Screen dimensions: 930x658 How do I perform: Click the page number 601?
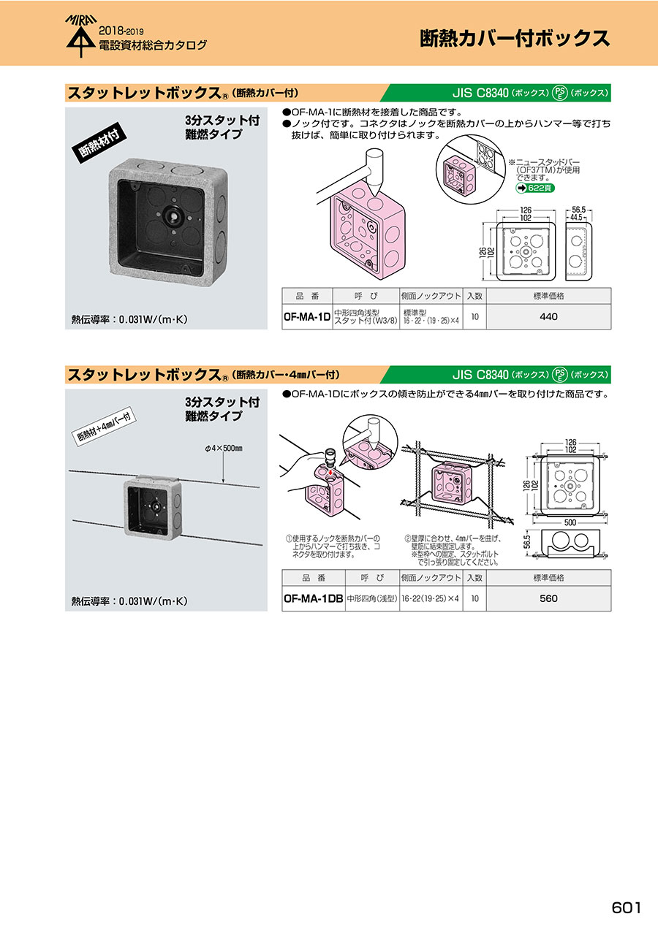click(x=627, y=907)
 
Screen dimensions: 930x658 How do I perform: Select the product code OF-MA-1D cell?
click(x=307, y=316)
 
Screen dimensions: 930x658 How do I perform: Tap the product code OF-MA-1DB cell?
click(x=313, y=598)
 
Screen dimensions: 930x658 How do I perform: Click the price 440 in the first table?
click(x=548, y=316)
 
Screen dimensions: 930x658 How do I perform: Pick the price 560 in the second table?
click(x=548, y=598)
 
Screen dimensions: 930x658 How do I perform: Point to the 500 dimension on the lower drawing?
click(x=570, y=522)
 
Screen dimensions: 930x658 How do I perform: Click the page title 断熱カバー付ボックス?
click(x=515, y=39)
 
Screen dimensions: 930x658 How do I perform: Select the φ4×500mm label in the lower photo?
click(x=224, y=448)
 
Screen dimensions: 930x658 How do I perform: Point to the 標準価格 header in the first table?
click(x=548, y=296)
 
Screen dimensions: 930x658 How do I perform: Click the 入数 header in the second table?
click(x=474, y=578)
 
